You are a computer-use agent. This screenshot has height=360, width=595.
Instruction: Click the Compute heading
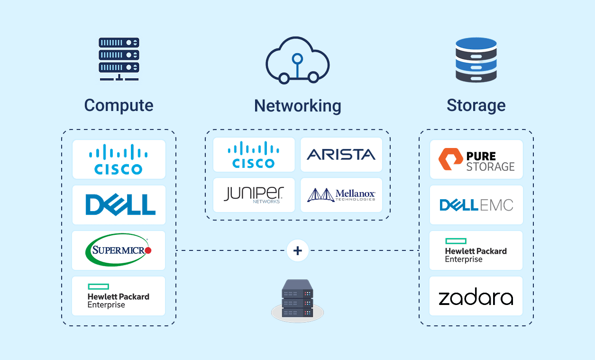click(x=119, y=105)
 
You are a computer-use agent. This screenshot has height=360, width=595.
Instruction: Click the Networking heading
click(x=297, y=105)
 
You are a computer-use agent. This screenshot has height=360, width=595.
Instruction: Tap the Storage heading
click(x=476, y=105)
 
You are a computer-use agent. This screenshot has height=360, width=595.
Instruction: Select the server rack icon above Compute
click(x=119, y=59)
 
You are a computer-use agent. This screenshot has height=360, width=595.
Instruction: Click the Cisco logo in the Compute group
click(x=119, y=159)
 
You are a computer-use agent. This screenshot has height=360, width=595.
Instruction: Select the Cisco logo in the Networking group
click(x=254, y=155)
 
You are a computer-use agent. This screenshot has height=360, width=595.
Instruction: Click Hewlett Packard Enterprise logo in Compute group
click(x=119, y=296)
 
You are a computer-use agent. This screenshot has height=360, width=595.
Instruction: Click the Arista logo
click(x=341, y=155)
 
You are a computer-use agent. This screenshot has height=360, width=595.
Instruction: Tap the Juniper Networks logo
click(x=254, y=194)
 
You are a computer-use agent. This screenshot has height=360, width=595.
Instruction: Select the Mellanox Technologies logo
click(x=341, y=194)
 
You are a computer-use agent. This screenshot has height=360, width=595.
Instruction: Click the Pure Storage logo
click(x=476, y=160)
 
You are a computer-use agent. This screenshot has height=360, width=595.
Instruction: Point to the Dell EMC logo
click(x=476, y=205)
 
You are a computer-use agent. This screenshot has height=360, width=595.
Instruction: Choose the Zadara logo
click(x=476, y=298)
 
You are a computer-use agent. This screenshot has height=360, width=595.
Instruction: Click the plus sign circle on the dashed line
click(x=298, y=250)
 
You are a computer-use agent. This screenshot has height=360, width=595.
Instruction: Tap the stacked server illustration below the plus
click(x=298, y=300)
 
